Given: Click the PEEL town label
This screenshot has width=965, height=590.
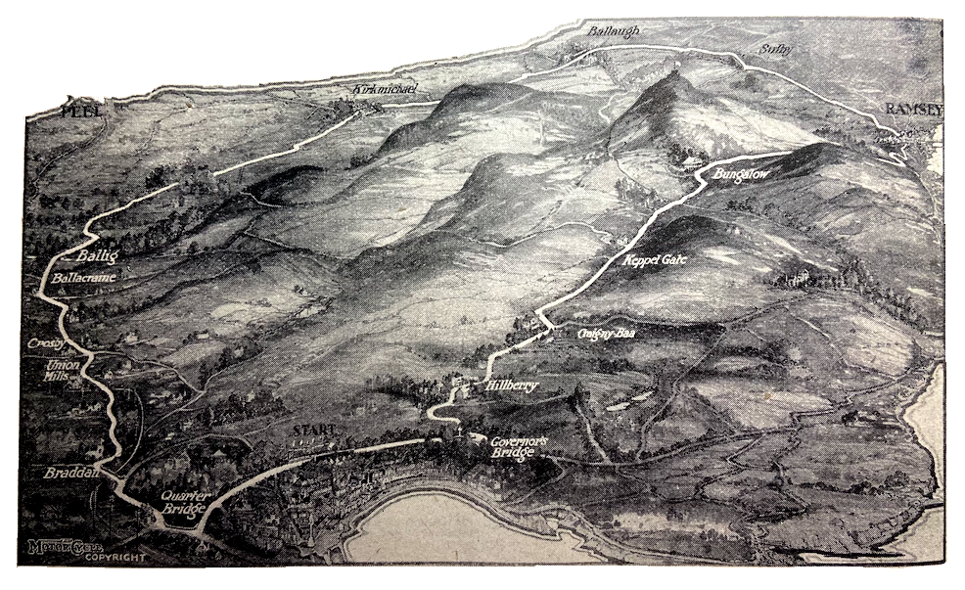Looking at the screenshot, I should pos(82,111).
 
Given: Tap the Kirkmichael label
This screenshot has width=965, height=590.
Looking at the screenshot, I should pos(386,90).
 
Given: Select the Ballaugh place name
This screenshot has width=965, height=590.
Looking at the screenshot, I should pos(613,31).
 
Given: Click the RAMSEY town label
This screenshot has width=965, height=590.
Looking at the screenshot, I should pos(914,109).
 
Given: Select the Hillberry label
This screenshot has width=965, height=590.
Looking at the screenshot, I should pos(511,386).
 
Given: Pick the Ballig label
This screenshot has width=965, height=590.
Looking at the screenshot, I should pos(95,256).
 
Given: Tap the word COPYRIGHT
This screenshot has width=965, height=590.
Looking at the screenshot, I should pos(114,558).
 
